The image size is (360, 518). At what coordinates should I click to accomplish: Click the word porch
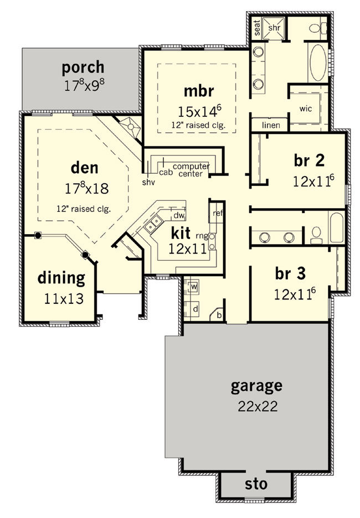83,68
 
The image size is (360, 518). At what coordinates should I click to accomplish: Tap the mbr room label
199,91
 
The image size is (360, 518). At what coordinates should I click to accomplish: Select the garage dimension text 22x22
258,406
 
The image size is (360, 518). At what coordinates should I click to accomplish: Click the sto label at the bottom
256,484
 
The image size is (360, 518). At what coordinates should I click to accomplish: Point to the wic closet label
306,108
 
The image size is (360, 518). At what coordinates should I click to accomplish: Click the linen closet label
271,125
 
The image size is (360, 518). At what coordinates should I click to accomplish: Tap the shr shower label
274,28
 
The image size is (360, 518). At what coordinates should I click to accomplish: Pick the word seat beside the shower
258,28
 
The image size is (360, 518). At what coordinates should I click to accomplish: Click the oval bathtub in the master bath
318,63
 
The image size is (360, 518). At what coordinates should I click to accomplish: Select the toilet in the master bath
318,28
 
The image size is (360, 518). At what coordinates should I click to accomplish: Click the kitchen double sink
153,224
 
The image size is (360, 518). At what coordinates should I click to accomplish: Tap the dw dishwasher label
179,216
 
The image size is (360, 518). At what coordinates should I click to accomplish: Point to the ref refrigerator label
218,213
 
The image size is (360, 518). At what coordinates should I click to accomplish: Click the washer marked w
192,287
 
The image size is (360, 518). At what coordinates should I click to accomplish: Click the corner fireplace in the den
131,126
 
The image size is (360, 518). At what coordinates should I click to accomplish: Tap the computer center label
191,170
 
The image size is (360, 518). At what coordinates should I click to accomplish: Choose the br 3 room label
290,273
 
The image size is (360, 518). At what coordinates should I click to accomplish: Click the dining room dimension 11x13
64,299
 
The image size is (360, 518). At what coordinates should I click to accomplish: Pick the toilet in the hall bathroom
316,235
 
